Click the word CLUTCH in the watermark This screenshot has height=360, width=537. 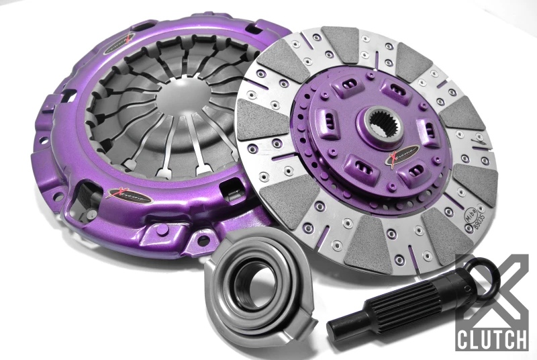(x=492, y=339)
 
